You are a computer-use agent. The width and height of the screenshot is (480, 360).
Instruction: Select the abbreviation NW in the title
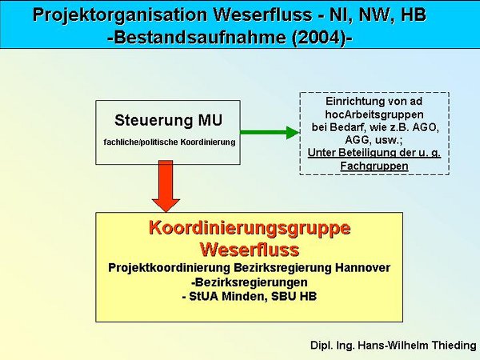click(x=370, y=14)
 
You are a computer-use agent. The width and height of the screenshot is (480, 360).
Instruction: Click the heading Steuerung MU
click(x=168, y=120)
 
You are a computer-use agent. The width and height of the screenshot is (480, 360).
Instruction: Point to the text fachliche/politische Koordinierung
click(x=170, y=142)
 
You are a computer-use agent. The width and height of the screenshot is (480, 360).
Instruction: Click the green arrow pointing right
click(x=270, y=133)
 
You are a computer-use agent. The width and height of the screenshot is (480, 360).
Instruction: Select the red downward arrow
click(x=166, y=186)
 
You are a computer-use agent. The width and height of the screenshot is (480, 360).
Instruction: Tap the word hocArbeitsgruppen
click(x=374, y=114)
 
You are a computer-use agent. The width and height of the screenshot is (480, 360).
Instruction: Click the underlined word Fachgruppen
click(x=374, y=166)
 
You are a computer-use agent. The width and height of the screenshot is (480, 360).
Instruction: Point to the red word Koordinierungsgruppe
click(x=250, y=228)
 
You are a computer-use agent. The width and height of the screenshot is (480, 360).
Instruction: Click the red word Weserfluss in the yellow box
click(x=250, y=249)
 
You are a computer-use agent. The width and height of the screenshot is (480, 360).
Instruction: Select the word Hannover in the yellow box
click(x=362, y=267)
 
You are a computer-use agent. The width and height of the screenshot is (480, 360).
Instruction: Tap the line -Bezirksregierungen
click(x=249, y=282)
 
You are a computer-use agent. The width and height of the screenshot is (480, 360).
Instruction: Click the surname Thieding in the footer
click(x=454, y=345)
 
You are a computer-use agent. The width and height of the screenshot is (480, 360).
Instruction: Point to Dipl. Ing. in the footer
click(x=333, y=346)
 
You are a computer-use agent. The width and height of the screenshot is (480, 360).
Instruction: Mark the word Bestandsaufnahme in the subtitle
click(x=200, y=38)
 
